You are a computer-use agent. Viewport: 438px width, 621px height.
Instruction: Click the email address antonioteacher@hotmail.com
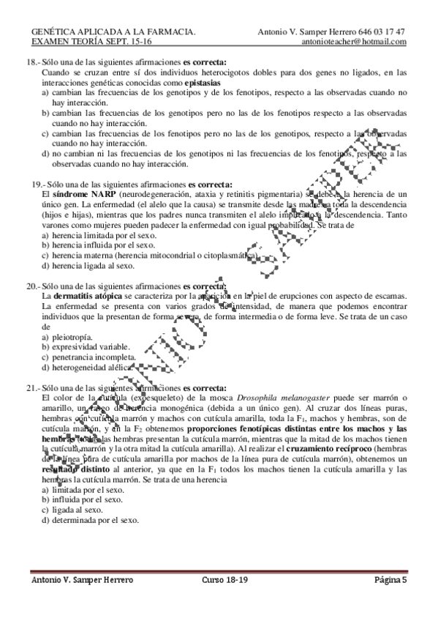click(354, 42)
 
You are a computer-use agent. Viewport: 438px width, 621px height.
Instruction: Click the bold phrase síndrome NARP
click(72, 193)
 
